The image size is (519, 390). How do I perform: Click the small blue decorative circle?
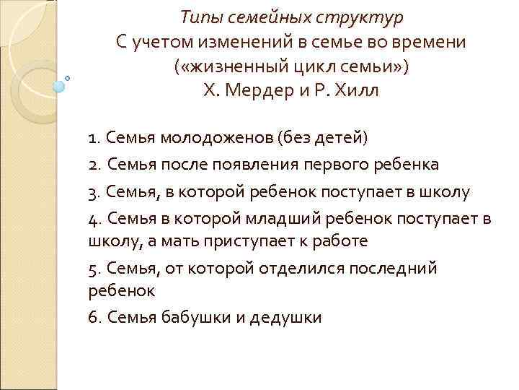[x=59, y=86]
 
